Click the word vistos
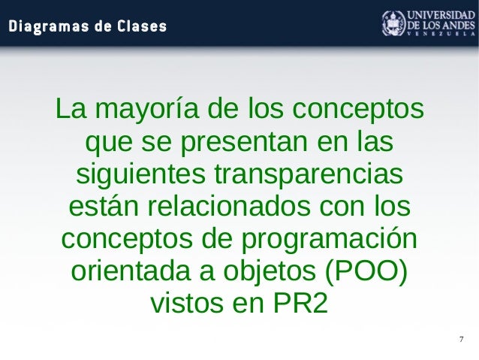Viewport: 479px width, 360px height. coord(189,304)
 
